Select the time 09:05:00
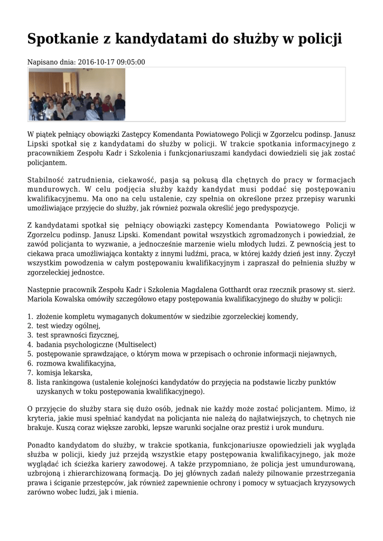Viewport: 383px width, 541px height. click(x=130, y=62)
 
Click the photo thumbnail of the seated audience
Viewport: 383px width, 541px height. click(x=77, y=94)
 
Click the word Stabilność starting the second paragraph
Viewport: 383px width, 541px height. click(x=47, y=180)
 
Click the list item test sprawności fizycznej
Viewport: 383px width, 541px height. click(x=77, y=335)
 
